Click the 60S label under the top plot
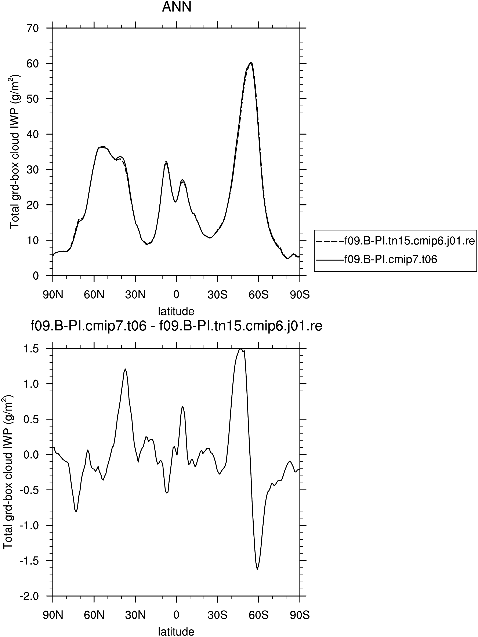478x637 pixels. point(259,295)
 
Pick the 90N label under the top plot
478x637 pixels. point(53,295)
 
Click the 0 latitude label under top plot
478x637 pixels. point(176,295)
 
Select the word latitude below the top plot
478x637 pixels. point(176,311)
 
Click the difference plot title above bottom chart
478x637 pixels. point(176,327)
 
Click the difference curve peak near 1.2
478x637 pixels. point(125,369)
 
